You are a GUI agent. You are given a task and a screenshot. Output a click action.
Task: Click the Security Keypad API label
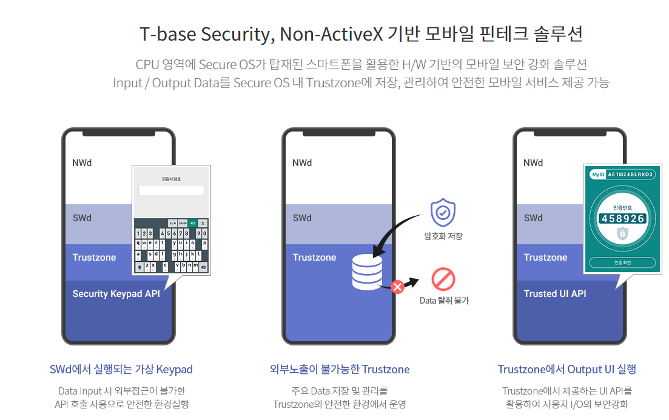point(116,294)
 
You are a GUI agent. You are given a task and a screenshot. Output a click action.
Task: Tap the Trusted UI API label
point(555,294)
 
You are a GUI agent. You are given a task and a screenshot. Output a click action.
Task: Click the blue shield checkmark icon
point(443,213)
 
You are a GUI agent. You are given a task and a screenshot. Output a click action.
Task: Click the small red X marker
point(398,287)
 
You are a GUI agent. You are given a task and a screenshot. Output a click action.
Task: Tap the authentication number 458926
point(622,218)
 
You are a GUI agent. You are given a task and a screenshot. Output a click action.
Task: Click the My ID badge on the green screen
point(598,175)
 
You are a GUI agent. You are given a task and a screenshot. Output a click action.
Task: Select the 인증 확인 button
point(622,263)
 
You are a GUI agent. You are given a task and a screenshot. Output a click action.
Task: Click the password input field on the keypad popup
point(171,190)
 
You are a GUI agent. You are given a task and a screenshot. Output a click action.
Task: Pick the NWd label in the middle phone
point(302,163)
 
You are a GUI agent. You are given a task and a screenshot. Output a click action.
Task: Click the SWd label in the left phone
point(82,218)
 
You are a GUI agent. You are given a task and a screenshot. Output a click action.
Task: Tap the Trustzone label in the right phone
point(545,258)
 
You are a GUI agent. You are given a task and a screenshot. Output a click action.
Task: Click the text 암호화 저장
point(443,236)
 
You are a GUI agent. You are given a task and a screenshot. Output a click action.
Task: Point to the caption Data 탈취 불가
point(444,301)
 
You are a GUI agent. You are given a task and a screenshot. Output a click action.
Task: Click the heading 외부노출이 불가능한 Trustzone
point(340,370)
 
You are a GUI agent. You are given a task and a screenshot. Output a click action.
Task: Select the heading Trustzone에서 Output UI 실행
point(566,370)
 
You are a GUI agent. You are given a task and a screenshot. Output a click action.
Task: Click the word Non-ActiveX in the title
point(332,34)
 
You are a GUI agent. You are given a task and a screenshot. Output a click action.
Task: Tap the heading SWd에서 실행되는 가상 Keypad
point(121,370)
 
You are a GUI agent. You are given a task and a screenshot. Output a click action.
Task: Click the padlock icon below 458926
point(622,234)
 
